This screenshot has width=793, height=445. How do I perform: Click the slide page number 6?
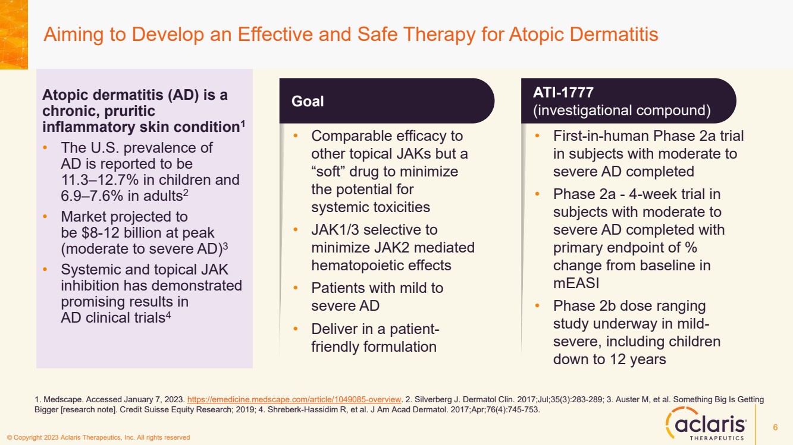pyautogui.click(x=775, y=427)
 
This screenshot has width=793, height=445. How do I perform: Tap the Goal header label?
pyautogui.click(x=308, y=101)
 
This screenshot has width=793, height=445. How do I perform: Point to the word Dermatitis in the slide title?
pyautogui.click(x=614, y=34)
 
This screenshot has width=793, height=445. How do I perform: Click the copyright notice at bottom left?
pyautogui.click(x=98, y=438)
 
